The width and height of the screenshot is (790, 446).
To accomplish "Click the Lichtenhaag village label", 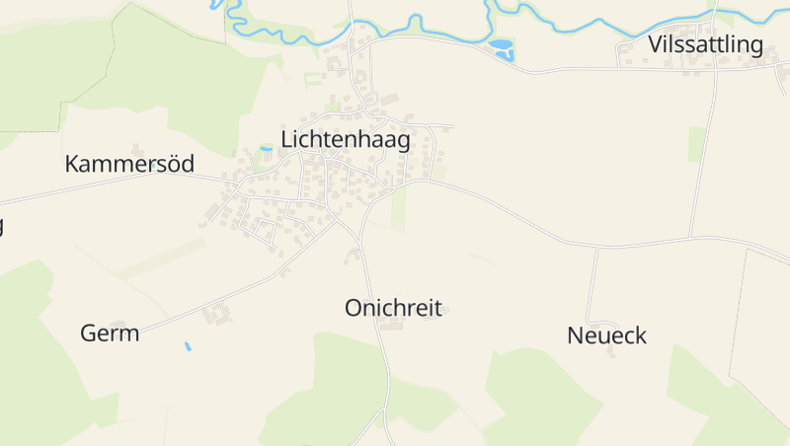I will [x=346, y=140].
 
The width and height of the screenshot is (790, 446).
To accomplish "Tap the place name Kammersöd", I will [x=129, y=164].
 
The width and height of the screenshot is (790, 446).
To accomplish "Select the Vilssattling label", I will [x=706, y=44].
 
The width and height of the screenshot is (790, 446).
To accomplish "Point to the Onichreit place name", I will [x=392, y=307].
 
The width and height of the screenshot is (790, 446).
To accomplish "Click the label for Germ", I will [x=110, y=333].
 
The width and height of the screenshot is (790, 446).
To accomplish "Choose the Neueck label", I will [x=606, y=335].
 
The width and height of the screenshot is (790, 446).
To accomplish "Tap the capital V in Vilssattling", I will [x=656, y=44].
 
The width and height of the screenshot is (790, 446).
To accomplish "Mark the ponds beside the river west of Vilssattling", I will [x=503, y=47].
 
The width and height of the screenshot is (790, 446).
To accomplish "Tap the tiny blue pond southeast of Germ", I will [x=187, y=346].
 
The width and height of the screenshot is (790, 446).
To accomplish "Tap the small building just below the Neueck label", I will [x=611, y=352].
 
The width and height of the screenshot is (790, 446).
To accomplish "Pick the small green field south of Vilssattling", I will [x=697, y=144].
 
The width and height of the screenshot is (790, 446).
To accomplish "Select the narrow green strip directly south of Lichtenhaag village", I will [x=399, y=209].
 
